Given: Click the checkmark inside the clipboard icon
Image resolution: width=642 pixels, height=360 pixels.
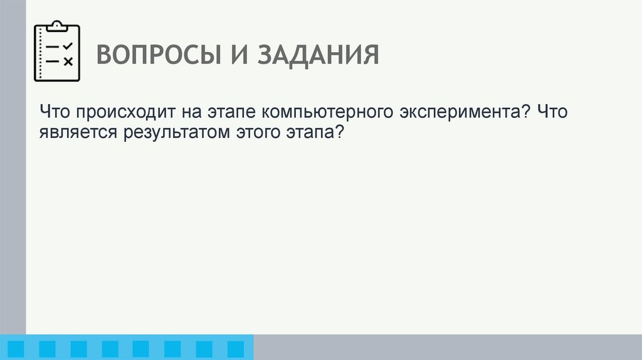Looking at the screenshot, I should (x=68, y=46).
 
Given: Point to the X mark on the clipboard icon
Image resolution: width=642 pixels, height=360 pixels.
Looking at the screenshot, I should (x=68, y=61).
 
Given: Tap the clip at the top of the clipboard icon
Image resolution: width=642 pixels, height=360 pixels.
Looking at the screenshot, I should (x=57, y=26).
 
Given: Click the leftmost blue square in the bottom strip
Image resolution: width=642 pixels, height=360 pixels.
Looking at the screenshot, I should (x=16, y=348).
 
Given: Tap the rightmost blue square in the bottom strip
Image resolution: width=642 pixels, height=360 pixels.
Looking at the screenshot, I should (x=235, y=348).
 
